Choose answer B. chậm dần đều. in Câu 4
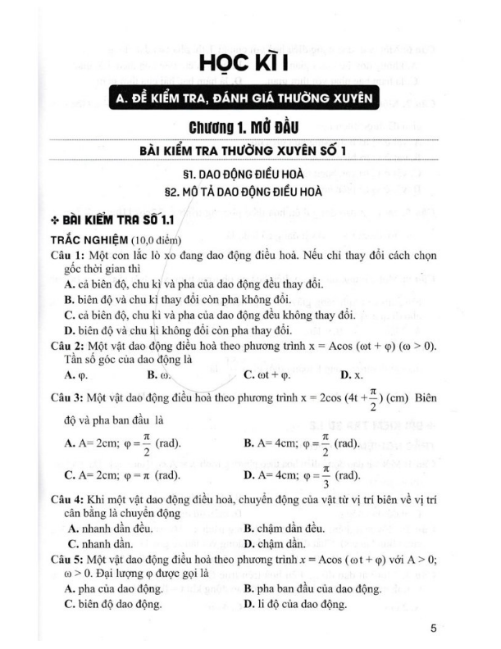click(x=285, y=528)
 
